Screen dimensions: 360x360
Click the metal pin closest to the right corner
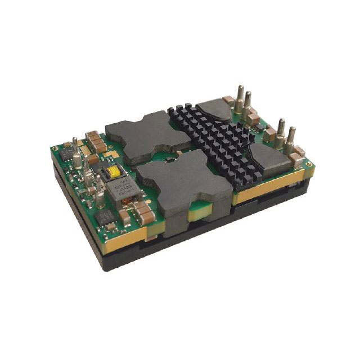pyautogui.click(x=291, y=141)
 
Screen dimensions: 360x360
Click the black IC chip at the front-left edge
pyautogui.click(x=106, y=217)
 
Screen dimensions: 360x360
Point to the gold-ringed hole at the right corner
pyautogui.click(x=308, y=165)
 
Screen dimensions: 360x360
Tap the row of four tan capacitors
pyautogui.click(x=96, y=141)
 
